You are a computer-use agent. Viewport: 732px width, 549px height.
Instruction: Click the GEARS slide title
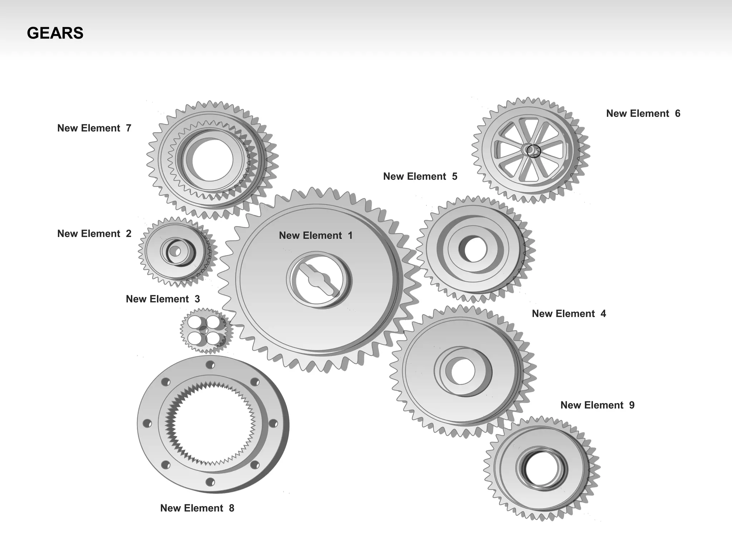(55, 33)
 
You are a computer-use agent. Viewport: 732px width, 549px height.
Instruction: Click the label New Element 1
(316, 236)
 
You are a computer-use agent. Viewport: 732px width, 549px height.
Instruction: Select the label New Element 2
(94, 234)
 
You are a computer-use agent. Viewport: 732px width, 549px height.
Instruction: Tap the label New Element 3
(163, 299)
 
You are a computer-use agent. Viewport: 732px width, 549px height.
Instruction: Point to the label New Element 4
(569, 314)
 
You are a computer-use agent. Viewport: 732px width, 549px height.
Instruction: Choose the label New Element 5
(420, 177)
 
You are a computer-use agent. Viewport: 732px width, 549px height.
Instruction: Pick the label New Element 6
(643, 114)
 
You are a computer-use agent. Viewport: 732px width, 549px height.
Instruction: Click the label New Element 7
(94, 128)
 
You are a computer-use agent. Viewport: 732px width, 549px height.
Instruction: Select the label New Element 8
(197, 508)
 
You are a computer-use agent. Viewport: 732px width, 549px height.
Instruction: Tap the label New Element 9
(597, 405)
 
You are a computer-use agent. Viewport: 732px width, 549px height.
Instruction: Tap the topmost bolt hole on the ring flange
(210, 365)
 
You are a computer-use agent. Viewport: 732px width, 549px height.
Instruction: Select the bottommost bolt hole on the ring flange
(210, 482)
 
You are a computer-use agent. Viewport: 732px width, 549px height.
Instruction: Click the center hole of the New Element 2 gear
(175, 252)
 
